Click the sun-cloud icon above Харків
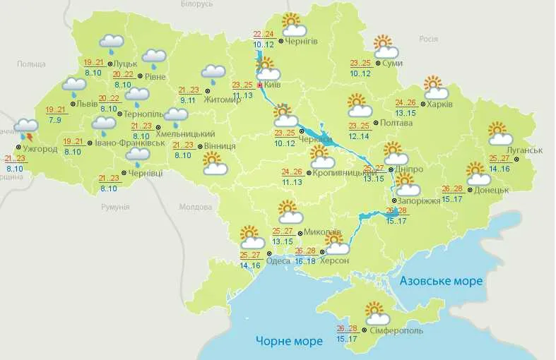pyautogui.click(x=436, y=88)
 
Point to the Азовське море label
pyautogui.click(x=441, y=281)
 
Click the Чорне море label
pyautogui.click(x=289, y=341)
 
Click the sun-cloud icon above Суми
pyautogui.click(x=386, y=47)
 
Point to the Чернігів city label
pyautogui.click(x=302, y=41)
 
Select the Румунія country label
pyautogui.click(x=115, y=207)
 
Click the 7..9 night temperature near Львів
pyautogui.click(x=54, y=120)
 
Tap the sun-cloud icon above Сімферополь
pyautogui.click(x=375, y=313)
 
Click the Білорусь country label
pyautogui.click(x=196, y=4)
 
